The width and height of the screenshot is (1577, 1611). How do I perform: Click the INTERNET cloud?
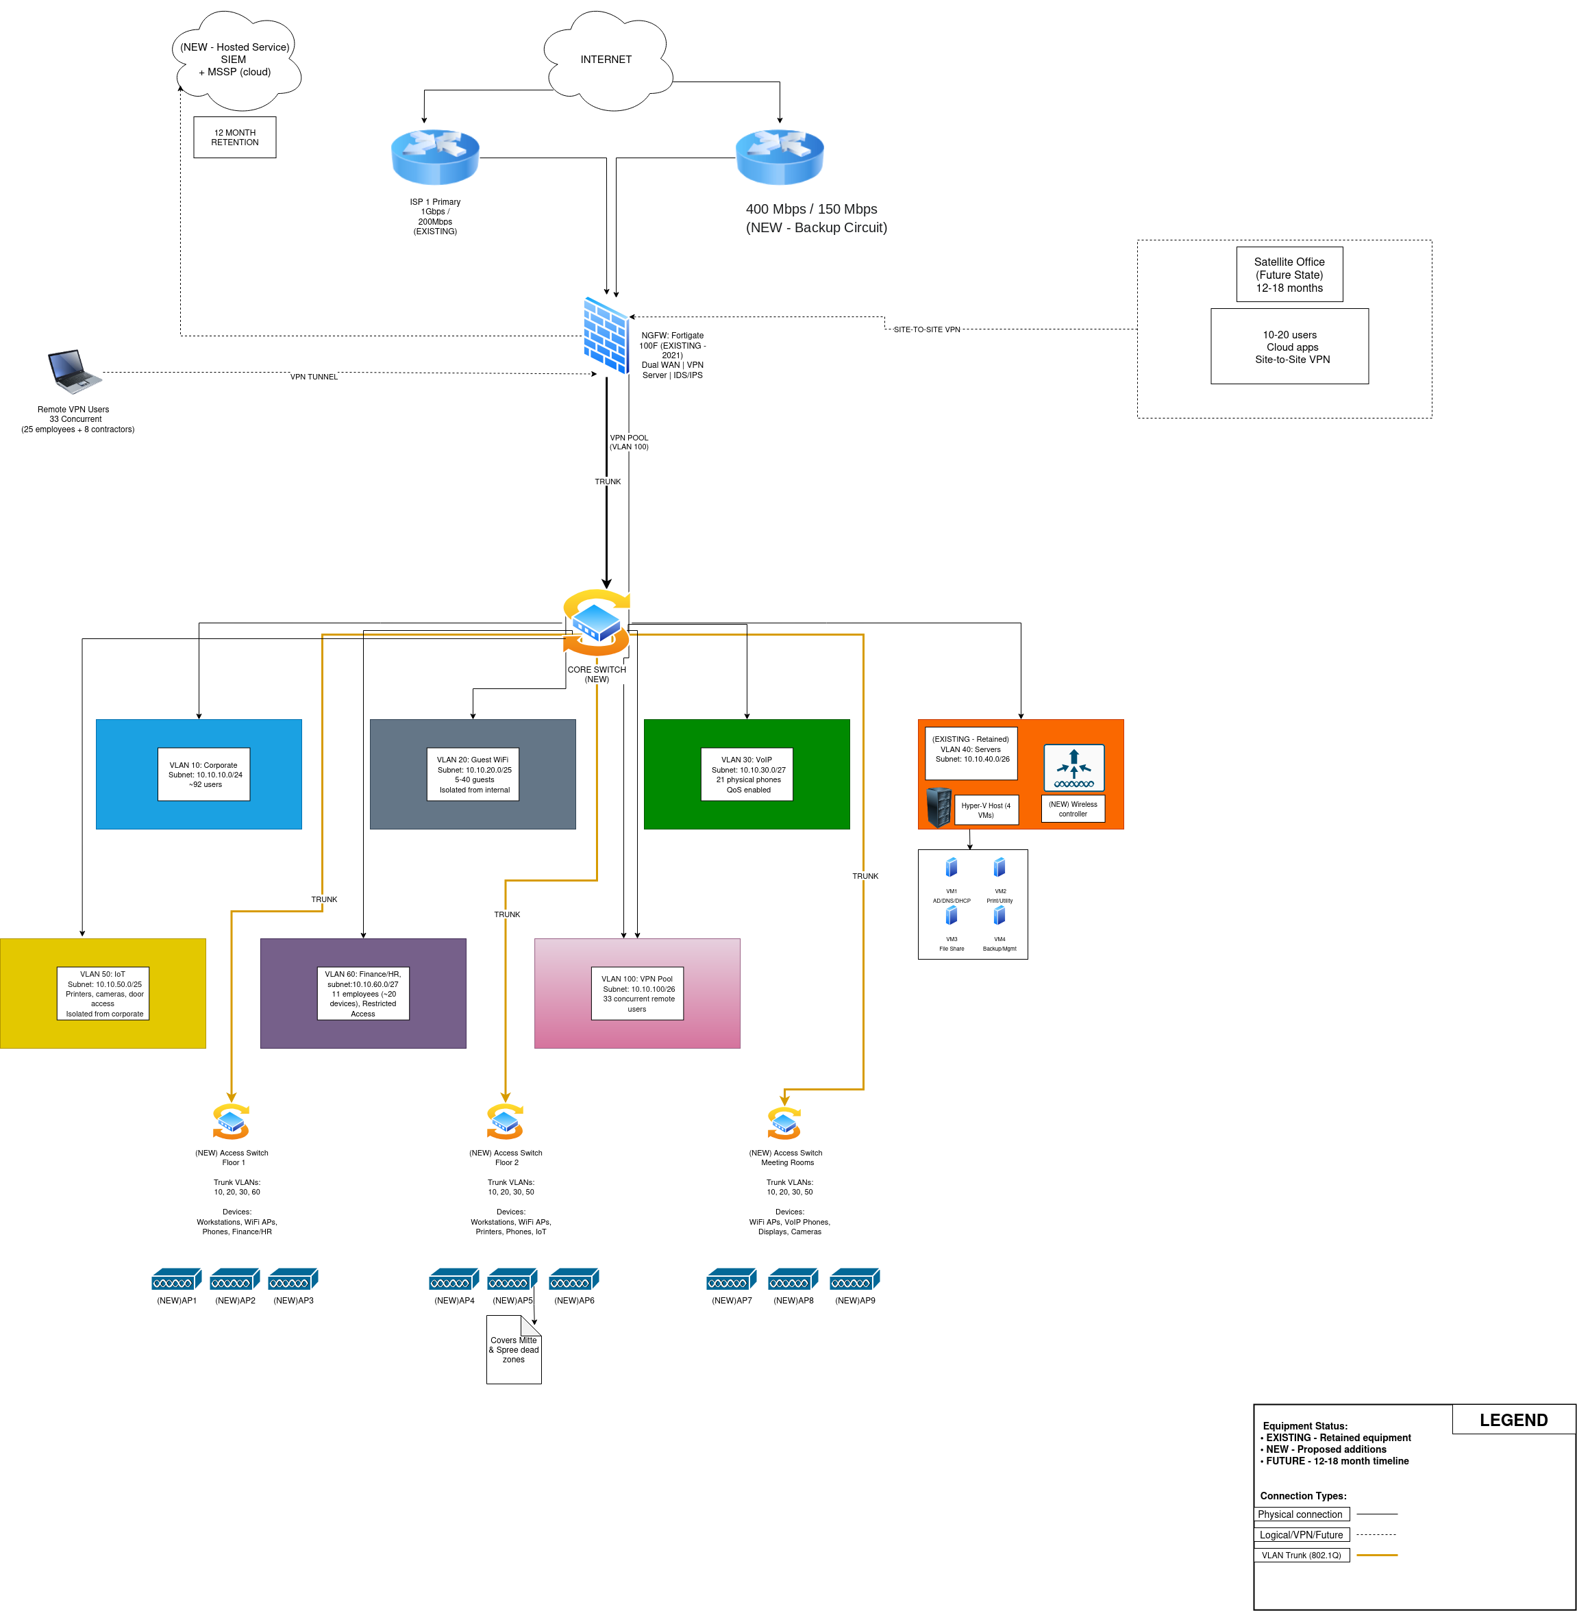pos(606,60)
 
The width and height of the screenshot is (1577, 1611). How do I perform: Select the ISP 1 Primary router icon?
pos(435,157)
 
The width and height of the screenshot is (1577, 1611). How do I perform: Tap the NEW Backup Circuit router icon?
pos(780,157)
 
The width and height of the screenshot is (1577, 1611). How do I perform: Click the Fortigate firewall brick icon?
pos(606,335)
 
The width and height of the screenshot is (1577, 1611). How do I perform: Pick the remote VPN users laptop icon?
pos(74,371)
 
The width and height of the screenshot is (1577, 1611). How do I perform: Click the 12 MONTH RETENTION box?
pos(234,138)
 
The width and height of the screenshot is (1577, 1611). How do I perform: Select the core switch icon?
pos(597,622)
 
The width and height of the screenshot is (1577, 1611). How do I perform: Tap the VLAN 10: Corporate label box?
pos(203,775)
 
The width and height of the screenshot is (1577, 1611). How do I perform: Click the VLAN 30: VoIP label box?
pos(747,775)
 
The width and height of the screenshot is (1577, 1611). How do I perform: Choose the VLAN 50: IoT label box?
pos(103,993)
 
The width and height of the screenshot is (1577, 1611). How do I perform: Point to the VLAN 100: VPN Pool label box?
pos(637,993)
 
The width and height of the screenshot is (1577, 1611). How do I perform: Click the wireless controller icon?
pos(1073,768)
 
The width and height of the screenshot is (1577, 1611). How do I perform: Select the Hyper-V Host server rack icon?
pos(939,808)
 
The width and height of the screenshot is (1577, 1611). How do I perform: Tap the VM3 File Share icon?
pos(952,916)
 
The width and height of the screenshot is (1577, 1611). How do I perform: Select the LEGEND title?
pos(1513,1420)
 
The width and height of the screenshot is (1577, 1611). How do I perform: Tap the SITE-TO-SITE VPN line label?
pos(926,329)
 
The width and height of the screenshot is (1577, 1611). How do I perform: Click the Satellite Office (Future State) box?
pos(1289,274)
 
